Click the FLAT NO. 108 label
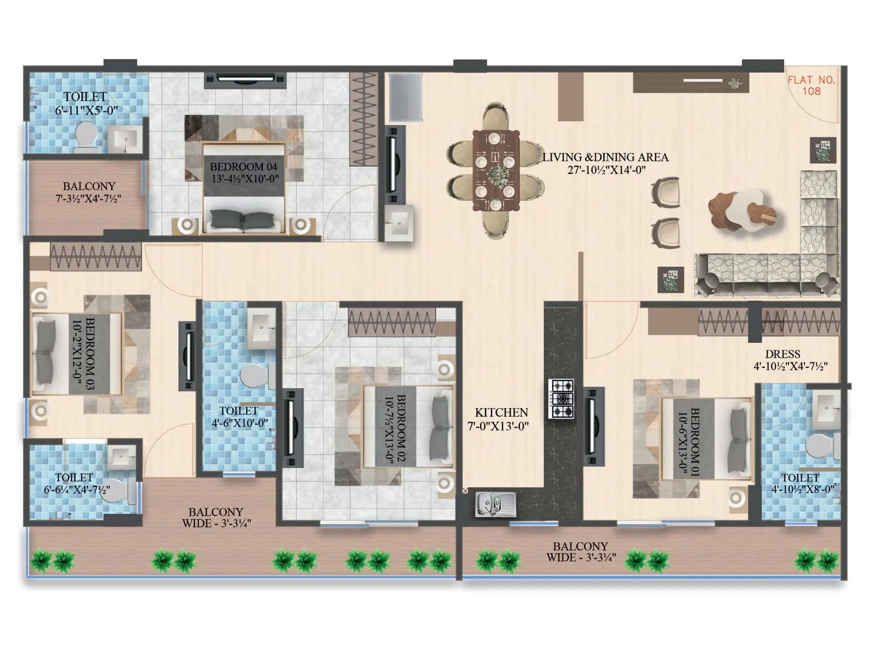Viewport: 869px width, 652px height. pos(811,85)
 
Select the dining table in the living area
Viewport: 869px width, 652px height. pos(495,171)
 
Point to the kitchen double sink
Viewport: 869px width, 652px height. pos(495,504)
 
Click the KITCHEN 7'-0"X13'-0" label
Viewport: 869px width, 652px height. pos(501,419)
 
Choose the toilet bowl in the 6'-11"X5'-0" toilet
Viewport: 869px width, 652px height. pos(85,135)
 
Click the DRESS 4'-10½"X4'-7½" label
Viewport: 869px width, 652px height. pos(790,360)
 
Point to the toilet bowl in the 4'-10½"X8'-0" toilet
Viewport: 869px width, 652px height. pos(822,446)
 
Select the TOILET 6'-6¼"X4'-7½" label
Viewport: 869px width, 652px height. pos(77,483)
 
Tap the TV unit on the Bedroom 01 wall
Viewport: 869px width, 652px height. pos(594,427)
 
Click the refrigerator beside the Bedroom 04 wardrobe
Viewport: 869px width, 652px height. pos(404,98)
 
